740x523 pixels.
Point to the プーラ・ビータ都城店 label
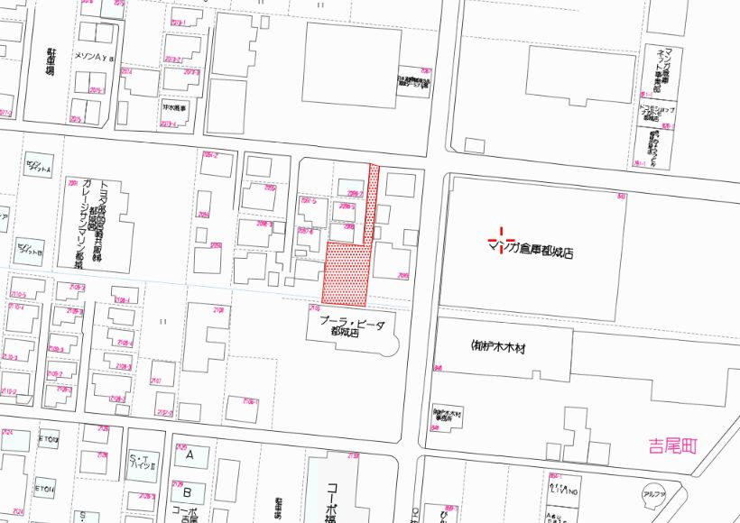(x=351, y=327)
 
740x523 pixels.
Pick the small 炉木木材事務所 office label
(x=449, y=416)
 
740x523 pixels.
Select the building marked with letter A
(x=190, y=455)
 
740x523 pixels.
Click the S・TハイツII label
(x=144, y=462)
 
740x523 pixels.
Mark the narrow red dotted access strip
(x=371, y=203)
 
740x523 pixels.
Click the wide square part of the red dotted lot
(x=347, y=273)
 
